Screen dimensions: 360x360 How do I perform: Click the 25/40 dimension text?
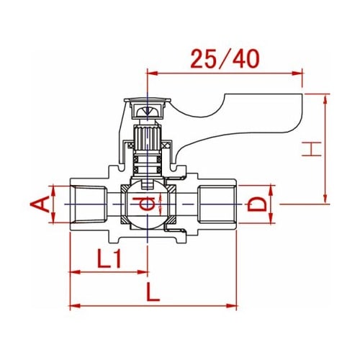[x=225, y=59]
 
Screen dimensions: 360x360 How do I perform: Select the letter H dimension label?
[x=312, y=149]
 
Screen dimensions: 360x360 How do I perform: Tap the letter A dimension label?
[x=40, y=204]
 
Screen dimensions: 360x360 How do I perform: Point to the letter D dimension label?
[x=257, y=204]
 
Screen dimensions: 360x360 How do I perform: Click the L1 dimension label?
[x=109, y=258]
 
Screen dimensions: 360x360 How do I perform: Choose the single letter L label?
[x=153, y=292]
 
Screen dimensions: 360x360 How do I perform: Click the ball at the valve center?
[x=148, y=204]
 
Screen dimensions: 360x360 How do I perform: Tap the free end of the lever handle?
[x=302, y=113]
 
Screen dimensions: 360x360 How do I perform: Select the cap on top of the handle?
[x=148, y=100]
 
